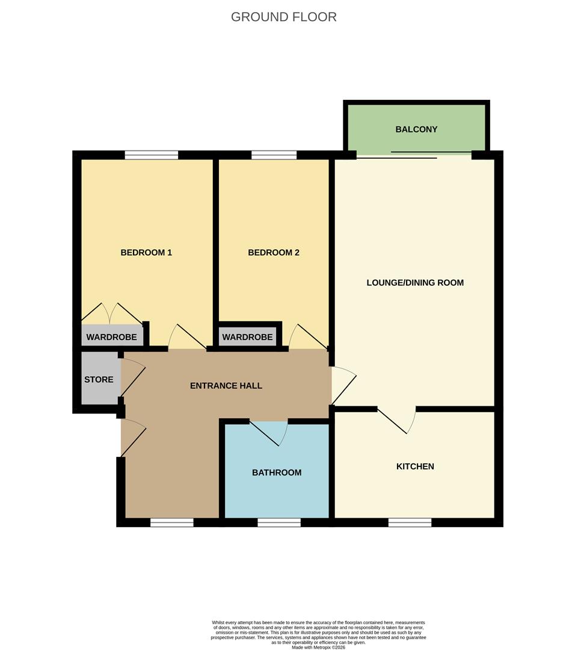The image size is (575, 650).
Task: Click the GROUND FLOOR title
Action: pos(284,17)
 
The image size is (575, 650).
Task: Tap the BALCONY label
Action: pos(416,129)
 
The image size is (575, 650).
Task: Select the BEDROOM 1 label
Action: pos(146,253)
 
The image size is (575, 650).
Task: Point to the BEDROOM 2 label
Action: pos(274,253)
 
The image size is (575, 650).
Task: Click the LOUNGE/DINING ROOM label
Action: pos(415,283)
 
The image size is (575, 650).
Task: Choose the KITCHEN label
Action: pos(415,466)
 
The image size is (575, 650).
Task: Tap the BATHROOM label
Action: pos(277,472)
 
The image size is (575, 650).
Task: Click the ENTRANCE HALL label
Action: pos(226,386)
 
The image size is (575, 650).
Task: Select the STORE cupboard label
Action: pos(99,380)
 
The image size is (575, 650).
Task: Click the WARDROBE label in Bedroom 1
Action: pos(111,338)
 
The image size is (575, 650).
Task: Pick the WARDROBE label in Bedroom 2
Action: pos(247,338)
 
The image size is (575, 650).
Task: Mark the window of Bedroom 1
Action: pos(152,155)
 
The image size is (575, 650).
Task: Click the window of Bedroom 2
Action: pos(274,155)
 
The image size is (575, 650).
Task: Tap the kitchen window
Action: pos(410,522)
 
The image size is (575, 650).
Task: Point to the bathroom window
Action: pos(279,522)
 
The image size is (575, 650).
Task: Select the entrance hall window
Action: pos(172,522)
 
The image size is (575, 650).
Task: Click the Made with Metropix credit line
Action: pos(319,647)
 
